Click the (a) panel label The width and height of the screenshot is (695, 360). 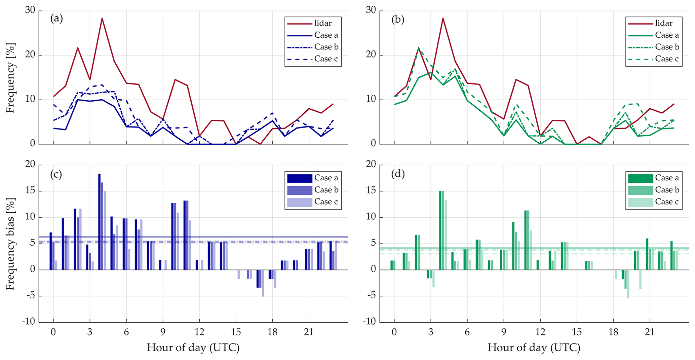56,19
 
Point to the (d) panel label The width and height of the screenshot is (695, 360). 398,174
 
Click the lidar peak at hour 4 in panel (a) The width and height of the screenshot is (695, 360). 102,19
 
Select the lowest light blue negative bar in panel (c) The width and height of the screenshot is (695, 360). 263,283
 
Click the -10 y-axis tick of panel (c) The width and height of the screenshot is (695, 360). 29,322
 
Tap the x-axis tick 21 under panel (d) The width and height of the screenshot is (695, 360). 650,332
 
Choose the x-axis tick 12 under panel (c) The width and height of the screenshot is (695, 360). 199,332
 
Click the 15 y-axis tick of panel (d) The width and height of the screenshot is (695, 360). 371,191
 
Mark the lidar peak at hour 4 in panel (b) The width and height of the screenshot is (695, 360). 443,19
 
